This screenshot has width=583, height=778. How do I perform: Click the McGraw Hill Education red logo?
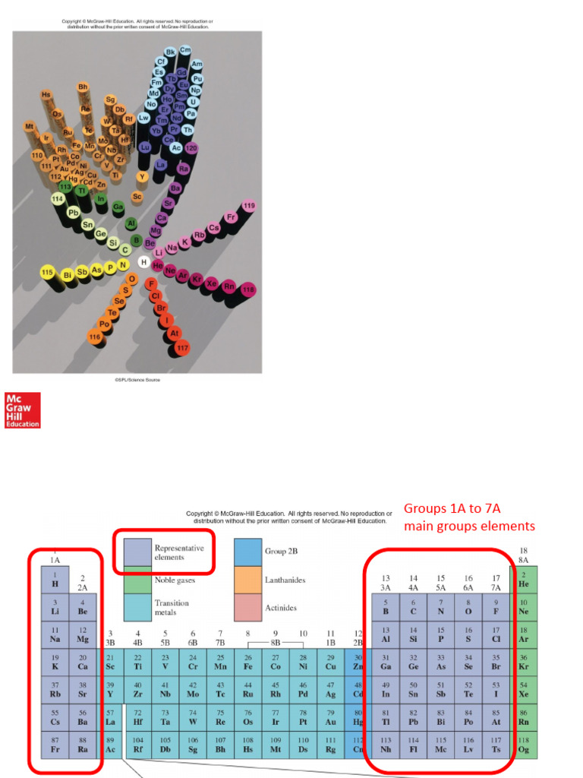coord(22,410)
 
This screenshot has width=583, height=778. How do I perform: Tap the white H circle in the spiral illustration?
coord(143,262)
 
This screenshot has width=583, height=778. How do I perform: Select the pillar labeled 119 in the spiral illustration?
coord(249,207)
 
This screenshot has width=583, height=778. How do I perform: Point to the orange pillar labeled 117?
coord(182,348)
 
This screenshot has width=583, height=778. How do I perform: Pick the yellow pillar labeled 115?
coord(47,272)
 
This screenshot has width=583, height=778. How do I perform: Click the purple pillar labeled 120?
coord(191,147)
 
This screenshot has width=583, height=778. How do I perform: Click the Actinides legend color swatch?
coord(247,609)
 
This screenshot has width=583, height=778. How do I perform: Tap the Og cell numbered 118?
coord(524,745)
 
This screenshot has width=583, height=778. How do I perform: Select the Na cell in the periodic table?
coord(55,634)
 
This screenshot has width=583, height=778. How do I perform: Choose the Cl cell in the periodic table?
coord(496,634)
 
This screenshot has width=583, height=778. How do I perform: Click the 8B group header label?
coord(276,642)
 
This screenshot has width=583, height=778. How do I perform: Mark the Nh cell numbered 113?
coord(386,745)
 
